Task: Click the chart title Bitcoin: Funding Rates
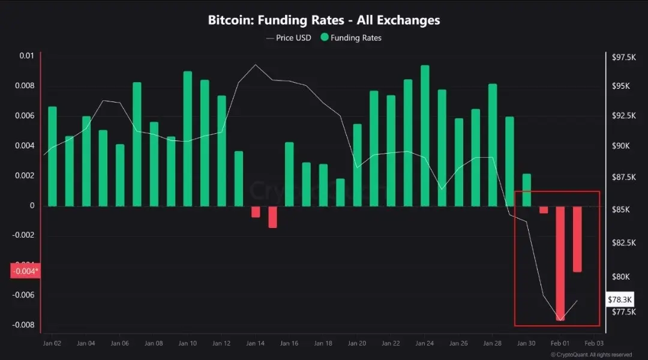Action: [x=324, y=20]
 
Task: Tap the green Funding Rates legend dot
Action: [x=325, y=38]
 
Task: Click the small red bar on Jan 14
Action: [x=256, y=212]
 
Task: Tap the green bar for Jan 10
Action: [x=188, y=138]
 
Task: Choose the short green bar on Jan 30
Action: [x=526, y=190]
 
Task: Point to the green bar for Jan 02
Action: [x=52, y=156]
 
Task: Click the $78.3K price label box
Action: [x=619, y=298]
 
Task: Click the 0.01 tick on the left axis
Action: [x=26, y=56]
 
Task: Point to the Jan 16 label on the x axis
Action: [x=289, y=344]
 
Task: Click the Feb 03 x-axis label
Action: [x=594, y=344]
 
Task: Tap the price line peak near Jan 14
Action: [x=256, y=64]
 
